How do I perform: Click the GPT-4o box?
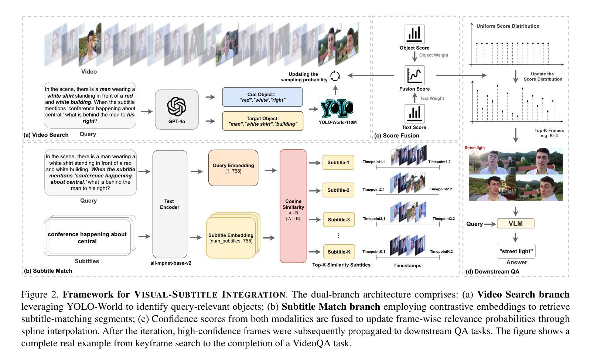[177, 109]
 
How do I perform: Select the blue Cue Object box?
[262, 97]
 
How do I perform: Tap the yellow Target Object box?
[262, 121]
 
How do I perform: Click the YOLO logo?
[337, 109]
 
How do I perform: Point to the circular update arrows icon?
[335, 76]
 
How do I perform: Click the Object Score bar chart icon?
[414, 34]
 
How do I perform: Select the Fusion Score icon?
[414, 75]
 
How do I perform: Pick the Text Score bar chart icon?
[414, 113]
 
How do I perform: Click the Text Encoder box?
[170, 204]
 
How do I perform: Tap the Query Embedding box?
[233, 168]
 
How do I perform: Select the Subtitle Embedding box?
[231, 237]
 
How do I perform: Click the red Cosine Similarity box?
[293, 206]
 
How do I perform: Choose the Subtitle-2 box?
[338, 190]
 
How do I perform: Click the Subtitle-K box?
[338, 252]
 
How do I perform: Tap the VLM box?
[515, 224]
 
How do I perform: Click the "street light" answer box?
[516, 251]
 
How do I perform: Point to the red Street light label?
[475, 148]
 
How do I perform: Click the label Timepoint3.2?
[443, 219]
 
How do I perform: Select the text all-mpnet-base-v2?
[171, 263]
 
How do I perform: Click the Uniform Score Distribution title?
[508, 26]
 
